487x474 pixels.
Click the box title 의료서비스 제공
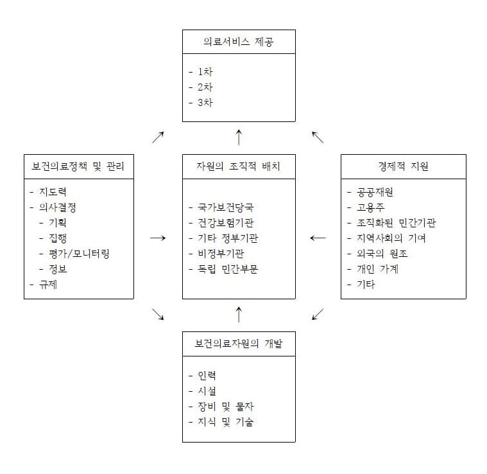pyautogui.click(x=239, y=42)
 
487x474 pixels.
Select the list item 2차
pyautogui.click(x=205, y=87)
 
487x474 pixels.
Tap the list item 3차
pyautogui.click(x=205, y=103)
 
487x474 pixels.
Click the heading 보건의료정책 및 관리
pyautogui.click(x=78, y=166)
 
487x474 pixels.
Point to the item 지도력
pyautogui.click(x=53, y=192)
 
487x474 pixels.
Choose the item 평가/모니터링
pyautogui.click(x=79, y=254)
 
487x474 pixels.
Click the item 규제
pyautogui.click(x=48, y=285)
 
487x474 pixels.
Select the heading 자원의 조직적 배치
pyautogui.click(x=238, y=166)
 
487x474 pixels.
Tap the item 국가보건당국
pyautogui.click(x=225, y=207)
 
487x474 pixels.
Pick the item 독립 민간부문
pyautogui.click(x=228, y=269)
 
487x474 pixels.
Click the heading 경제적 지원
pyautogui.click(x=403, y=166)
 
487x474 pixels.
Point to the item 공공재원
pyautogui.click(x=375, y=192)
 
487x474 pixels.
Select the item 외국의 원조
pyautogui.click(x=382, y=254)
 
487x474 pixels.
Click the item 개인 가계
pyautogui.click(x=377, y=269)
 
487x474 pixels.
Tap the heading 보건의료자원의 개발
pyautogui.click(x=239, y=344)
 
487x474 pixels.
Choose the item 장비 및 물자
pyautogui.click(x=225, y=407)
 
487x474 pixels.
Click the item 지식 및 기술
pyautogui.click(x=225, y=422)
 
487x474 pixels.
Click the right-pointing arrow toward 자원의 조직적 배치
pyautogui.click(x=158, y=238)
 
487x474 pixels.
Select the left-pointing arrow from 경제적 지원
pyautogui.click(x=318, y=238)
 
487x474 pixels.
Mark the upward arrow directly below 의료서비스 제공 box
pyautogui.click(x=239, y=137)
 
